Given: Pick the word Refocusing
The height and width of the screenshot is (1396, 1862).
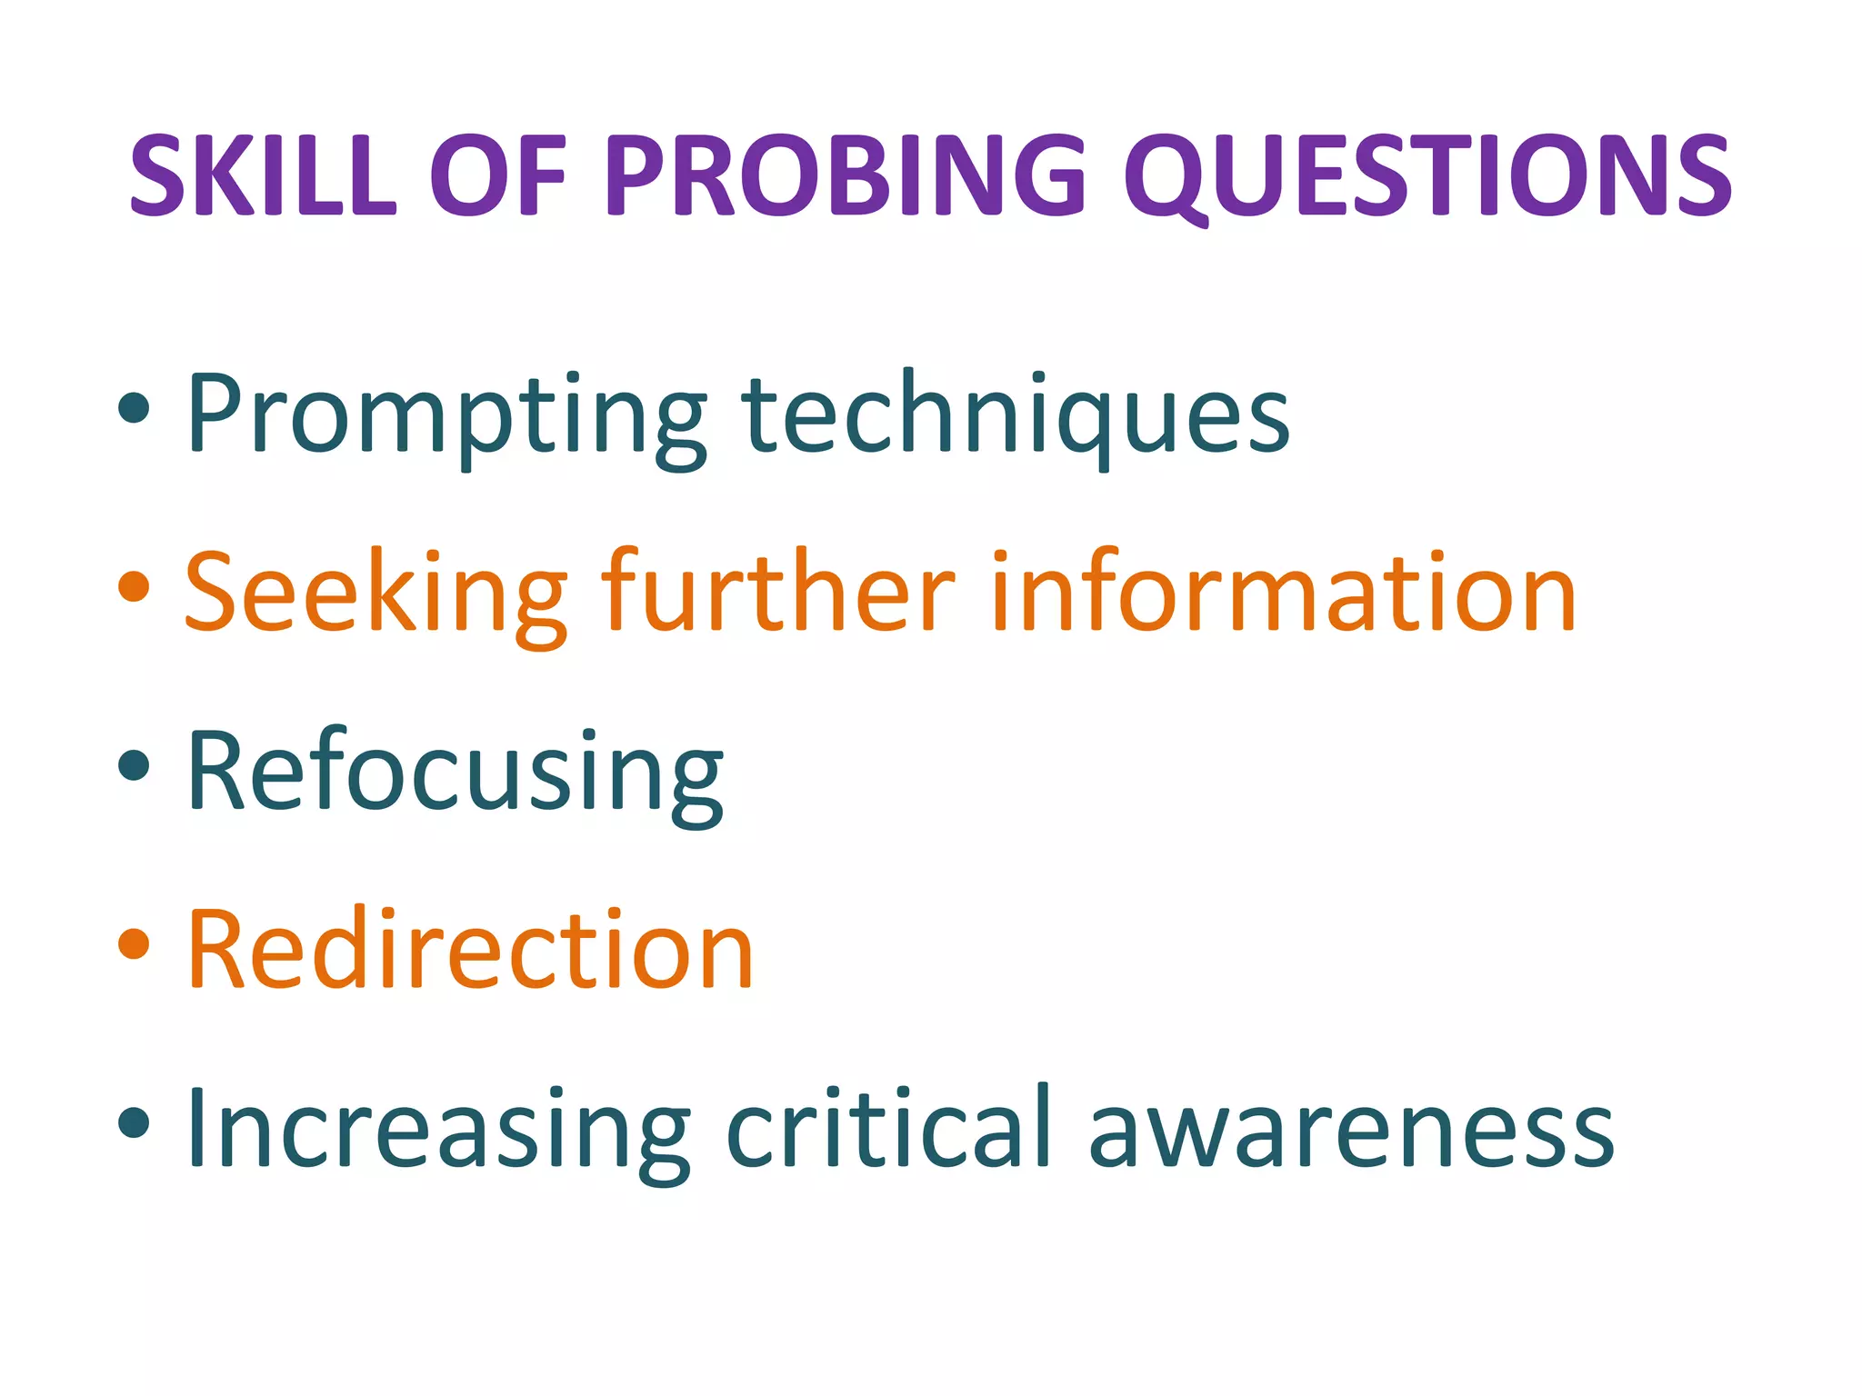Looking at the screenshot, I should coord(455,773).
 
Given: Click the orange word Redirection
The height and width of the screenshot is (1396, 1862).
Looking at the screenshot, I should coord(470,950).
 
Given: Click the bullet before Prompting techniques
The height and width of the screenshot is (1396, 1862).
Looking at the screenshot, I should coord(134,408).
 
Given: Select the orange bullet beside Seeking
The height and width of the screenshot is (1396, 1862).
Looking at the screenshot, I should coord(134,587).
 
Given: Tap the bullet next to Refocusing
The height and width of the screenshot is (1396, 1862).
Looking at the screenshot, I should coord(134,765).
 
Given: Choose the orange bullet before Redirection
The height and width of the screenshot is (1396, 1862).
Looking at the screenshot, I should coord(134,944).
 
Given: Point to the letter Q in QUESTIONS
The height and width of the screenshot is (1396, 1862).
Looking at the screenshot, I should coord(1174,177).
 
